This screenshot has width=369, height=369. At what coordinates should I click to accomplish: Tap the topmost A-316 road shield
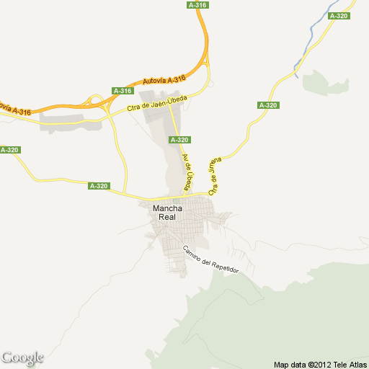pos(197,5)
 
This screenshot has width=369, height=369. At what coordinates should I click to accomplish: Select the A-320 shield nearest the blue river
pos(338,16)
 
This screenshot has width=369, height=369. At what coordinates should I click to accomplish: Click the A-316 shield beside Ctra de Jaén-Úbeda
pos(123,91)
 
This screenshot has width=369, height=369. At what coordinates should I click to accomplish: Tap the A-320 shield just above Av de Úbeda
pos(179,139)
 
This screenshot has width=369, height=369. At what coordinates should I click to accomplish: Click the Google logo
pos(22,357)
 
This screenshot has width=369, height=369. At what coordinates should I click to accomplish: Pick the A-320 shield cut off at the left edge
pos(9,150)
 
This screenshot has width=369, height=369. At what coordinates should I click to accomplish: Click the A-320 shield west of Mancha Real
pos(99,186)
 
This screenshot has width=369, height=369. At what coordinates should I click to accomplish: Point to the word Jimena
pos(215,168)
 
